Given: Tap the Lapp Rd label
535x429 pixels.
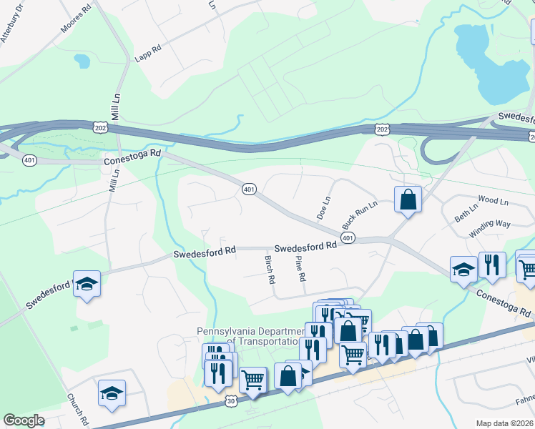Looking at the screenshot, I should click(x=148, y=53).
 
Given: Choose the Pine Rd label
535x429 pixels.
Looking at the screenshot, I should click(x=300, y=270).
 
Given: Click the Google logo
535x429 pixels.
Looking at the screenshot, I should click(x=24, y=420).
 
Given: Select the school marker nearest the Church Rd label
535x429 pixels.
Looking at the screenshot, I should click(x=112, y=393).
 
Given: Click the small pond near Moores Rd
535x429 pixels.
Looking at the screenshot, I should click(x=83, y=61).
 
